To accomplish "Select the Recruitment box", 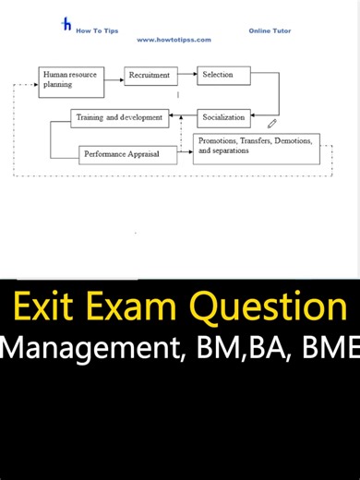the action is (150, 75).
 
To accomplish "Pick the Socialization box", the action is (222, 118).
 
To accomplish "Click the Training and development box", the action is (119, 117).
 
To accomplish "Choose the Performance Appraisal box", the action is (127, 155).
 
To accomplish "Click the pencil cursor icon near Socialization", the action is (272, 123).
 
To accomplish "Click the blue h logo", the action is (66, 24).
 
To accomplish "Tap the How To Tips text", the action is (97, 30).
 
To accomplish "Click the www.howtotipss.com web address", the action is (174, 41).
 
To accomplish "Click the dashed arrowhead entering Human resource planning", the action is (35, 85).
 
